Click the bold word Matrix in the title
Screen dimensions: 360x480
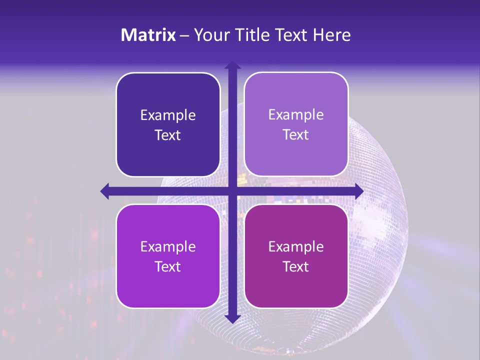coord(148,35)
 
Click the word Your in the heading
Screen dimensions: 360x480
coord(210,35)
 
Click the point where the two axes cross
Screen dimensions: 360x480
coord(232,191)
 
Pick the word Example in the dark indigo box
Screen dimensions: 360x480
coord(168,115)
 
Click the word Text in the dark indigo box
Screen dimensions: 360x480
coord(168,135)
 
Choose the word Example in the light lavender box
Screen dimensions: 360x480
coord(296,115)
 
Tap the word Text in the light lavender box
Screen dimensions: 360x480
coord(296,135)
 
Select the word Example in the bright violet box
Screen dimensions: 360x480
coord(168,246)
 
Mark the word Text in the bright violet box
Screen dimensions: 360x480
coord(168,266)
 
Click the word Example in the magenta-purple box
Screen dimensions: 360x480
coord(296,246)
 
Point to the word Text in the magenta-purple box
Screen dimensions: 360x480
coord(296,266)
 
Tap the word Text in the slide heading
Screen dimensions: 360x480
coord(291,35)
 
